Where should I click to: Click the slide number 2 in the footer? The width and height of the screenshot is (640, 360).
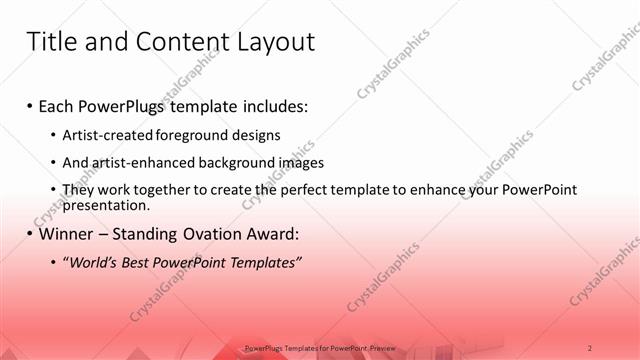590,347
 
